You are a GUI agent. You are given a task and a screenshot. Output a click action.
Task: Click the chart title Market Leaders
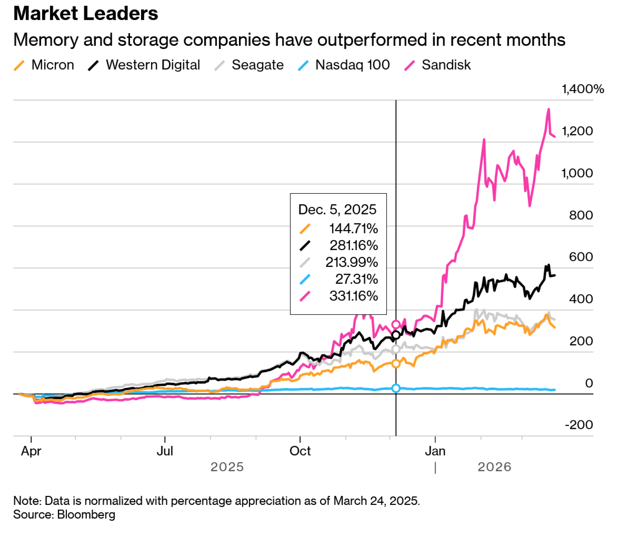pyautogui.click(x=86, y=14)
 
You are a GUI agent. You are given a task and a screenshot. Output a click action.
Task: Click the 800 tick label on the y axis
pyautogui.click(x=581, y=215)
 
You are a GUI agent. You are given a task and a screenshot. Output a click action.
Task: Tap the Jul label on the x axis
pyautogui.click(x=165, y=451)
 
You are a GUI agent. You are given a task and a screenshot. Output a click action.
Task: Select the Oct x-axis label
pyautogui.click(x=300, y=451)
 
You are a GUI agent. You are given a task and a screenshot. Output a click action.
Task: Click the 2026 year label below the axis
pyautogui.click(x=494, y=467)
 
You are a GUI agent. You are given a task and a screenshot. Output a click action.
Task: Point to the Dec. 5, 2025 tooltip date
pyautogui.click(x=337, y=210)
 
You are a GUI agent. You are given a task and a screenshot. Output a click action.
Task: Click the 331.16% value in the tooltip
pyautogui.click(x=353, y=296)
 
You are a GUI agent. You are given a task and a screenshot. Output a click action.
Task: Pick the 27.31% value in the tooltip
pyautogui.click(x=357, y=279)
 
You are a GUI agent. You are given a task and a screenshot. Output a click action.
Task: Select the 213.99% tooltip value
pyautogui.click(x=352, y=262)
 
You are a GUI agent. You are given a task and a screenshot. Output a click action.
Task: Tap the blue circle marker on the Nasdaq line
pyautogui.click(x=396, y=388)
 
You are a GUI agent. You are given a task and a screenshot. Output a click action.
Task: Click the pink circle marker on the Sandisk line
pyautogui.click(x=396, y=324)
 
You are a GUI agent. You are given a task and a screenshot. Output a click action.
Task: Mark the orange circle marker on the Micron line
pyautogui.click(x=396, y=364)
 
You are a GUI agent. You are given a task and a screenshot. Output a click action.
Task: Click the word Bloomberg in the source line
pyautogui.click(x=86, y=514)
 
